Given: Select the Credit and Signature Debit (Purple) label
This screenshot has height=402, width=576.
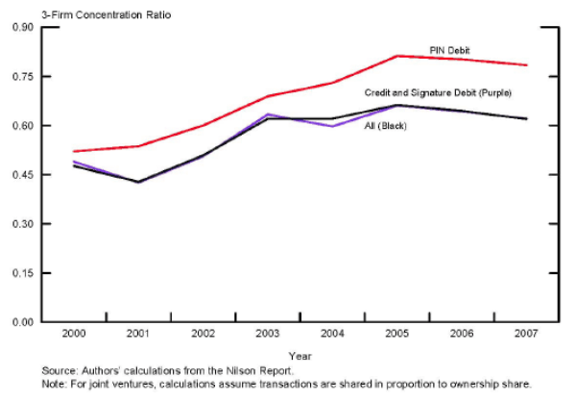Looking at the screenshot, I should pyautogui.click(x=438, y=92).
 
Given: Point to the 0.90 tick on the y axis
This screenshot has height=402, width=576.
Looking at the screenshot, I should pyautogui.click(x=22, y=27).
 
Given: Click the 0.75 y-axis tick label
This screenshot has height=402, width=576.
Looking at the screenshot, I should pyautogui.click(x=22, y=76).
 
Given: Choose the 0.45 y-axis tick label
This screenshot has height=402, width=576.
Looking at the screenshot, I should pyautogui.click(x=22, y=175).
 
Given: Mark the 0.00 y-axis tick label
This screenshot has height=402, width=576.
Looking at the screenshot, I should pyautogui.click(x=22, y=322).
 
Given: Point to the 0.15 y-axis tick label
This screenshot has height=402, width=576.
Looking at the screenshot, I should pyautogui.click(x=22, y=273).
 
